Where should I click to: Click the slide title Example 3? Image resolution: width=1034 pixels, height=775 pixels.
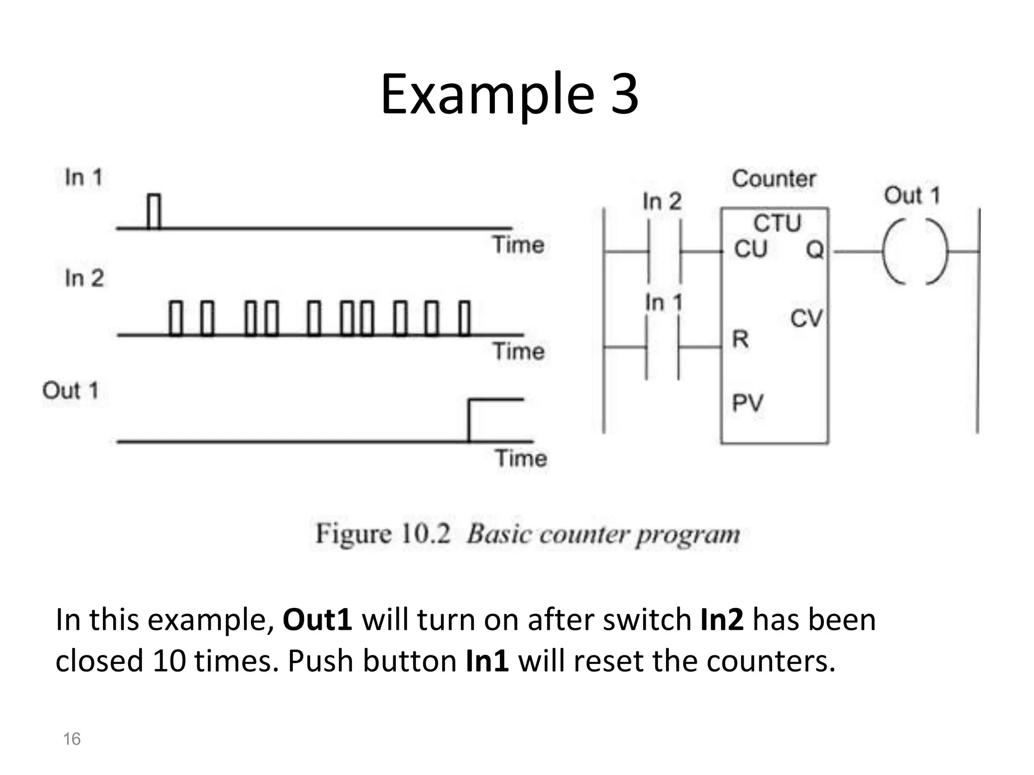click(509, 94)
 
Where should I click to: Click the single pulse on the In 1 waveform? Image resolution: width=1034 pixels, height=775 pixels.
click(154, 211)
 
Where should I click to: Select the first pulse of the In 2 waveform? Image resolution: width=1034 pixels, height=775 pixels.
click(175, 318)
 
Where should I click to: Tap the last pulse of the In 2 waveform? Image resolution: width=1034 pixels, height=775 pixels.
click(464, 318)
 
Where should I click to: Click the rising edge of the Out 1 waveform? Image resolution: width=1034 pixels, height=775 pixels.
click(470, 420)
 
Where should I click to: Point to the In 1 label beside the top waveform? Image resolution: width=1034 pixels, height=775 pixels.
click(84, 178)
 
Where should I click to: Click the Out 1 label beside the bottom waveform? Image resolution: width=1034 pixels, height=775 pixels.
click(71, 391)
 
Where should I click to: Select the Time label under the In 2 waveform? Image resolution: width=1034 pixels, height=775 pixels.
click(519, 351)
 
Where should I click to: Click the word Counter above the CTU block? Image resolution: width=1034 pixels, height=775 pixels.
click(773, 179)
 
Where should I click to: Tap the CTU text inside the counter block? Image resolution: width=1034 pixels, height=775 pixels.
click(777, 223)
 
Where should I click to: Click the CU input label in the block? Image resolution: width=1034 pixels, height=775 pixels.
click(751, 249)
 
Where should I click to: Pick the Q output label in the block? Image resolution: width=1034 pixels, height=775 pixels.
click(814, 249)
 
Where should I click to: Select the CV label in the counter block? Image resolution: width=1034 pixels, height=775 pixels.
click(806, 318)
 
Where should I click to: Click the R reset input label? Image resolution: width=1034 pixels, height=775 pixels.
click(740, 339)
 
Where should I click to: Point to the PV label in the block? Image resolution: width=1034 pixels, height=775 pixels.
click(747, 403)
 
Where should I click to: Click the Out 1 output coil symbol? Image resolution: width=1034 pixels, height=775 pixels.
click(915, 251)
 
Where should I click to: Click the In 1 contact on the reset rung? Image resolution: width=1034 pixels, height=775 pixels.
click(662, 347)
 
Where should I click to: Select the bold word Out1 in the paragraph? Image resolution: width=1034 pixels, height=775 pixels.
click(317, 620)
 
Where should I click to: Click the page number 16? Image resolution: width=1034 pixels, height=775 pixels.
click(72, 739)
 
